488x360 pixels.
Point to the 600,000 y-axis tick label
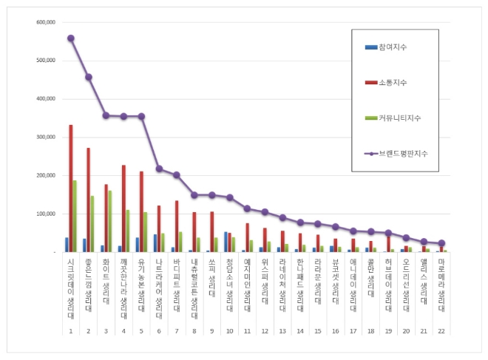coord(46,22)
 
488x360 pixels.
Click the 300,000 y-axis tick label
coord(46,137)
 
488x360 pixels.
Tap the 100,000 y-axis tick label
coord(46,214)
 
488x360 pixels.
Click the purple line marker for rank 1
coord(70,38)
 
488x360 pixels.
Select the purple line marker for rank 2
coord(88,77)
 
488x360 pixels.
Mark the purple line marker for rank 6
coord(159,169)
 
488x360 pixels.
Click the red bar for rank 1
coord(70,189)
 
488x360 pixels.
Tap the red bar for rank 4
coord(123,208)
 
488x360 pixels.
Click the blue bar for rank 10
coord(226,242)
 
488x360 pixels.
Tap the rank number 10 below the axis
coord(229,332)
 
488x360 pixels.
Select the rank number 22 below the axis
coord(441,332)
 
